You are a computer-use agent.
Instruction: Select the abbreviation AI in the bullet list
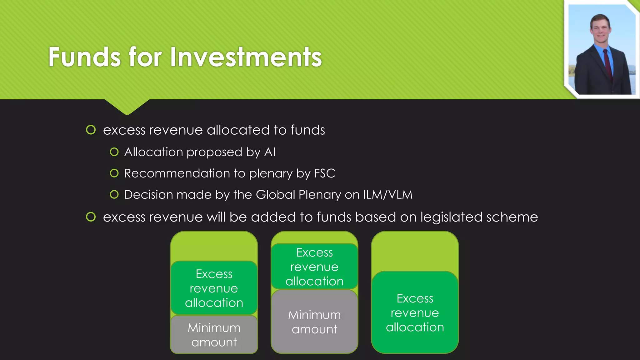point(270,152)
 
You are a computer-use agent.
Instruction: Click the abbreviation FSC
point(325,173)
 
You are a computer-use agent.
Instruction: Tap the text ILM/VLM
point(387,195)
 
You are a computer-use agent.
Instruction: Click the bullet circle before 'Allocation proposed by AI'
point(114,152)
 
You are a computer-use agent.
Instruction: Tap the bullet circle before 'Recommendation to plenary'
point(114,173)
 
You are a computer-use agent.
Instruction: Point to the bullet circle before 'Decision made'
point(114,194)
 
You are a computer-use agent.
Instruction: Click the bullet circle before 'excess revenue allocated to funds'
point(91,130)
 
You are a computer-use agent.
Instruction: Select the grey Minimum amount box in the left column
point(214,334)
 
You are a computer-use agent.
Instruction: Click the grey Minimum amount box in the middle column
point(314,322)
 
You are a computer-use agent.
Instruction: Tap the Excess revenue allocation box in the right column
point(415,312)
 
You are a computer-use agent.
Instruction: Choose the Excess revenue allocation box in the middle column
point(314,267)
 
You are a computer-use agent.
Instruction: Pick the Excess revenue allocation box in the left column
point(214,288)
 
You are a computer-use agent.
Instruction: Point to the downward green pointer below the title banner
point(127,106)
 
